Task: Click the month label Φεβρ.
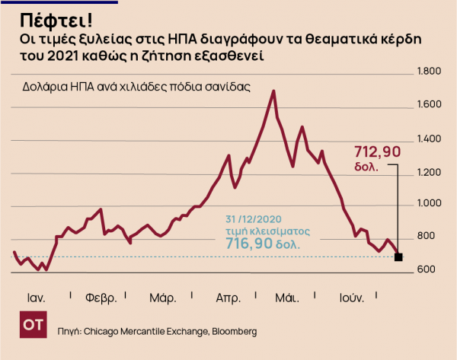(101, 297)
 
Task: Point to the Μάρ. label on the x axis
(163, 297)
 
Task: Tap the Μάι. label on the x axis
(287, 297)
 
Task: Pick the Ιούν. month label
(351, 297)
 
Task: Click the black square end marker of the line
(398, 257)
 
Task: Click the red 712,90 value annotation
(378, 152)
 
